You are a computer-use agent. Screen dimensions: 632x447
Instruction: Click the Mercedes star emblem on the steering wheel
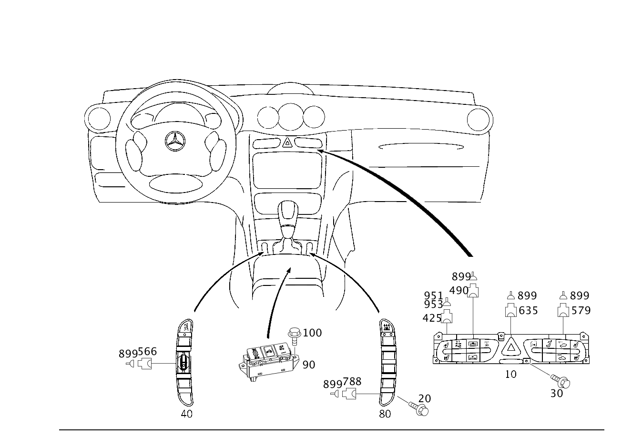(x=175, y=141)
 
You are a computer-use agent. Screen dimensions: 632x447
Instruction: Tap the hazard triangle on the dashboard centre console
(x=287, y=142)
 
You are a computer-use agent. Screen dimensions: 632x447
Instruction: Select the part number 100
(x=312, y=333)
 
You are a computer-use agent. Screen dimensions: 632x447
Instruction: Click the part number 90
(x=309, y=365)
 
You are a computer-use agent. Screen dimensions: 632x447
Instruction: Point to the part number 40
(x=186, y=414)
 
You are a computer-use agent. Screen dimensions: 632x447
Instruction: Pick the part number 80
(x=385, y=414)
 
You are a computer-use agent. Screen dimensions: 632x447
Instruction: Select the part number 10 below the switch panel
(x=510, y=374)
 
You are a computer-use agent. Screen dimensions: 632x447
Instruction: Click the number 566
(x=147, y=351)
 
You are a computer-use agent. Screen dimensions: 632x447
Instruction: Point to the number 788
(x=352, y=382)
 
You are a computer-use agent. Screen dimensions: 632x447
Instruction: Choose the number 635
(x=528, y=311)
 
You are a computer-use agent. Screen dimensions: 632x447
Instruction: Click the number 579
(x=581, y=311)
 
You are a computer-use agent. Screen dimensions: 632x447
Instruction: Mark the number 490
(x=459, y=291)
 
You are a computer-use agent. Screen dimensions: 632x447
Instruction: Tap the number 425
(x=432, y=318)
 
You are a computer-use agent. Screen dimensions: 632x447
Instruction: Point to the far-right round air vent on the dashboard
(x=478, y=120)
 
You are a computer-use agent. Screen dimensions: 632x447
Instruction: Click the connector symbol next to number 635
(x=510, y=310)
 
